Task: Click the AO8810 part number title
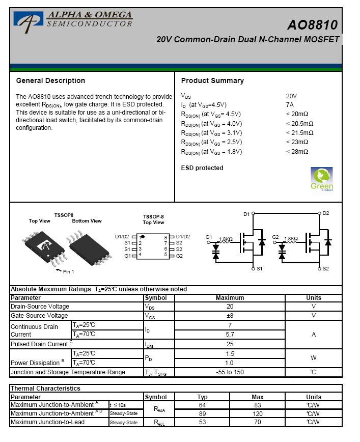click(312, 25)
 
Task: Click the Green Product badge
click(321, 179)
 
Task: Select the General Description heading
click(50, 80)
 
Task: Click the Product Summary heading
click(212, 80)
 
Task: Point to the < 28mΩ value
click(297, 151)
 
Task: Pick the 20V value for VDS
click(291, 96)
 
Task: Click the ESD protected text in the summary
click(202, 168)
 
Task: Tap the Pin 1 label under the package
click(69, 271)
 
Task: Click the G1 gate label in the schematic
click(209, 237)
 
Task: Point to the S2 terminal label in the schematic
click(326, 268)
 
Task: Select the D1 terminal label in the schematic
click(246, 214)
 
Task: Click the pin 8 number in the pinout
click(165, 237)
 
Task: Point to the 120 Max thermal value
click(258, 413)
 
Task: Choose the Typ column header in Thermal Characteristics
click(203, 397)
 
